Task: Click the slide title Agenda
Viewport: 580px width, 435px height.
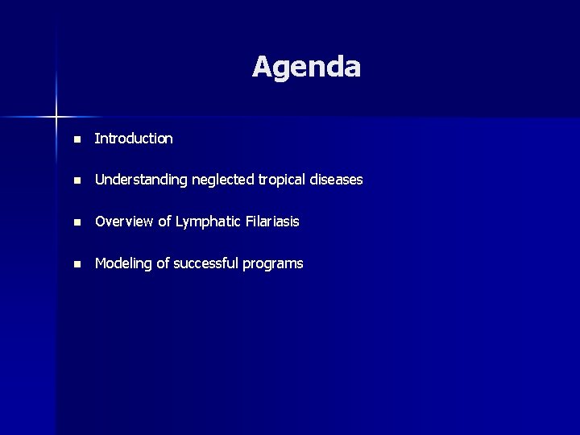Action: [x=306, y=67]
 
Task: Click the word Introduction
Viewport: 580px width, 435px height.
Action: [x=134, y=139]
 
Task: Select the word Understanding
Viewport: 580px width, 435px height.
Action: [x=134, y=180]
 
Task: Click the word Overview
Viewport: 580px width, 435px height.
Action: [x=122, y=222]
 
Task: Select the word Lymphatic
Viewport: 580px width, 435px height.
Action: [x=203, y=222]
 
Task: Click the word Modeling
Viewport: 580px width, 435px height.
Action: [x=122, y=263]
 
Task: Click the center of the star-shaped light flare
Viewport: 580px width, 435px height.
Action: [x=56, y=118]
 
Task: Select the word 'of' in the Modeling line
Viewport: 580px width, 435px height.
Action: [x=160, y=263]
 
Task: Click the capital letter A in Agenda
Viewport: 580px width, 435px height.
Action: [x=263, y=67]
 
